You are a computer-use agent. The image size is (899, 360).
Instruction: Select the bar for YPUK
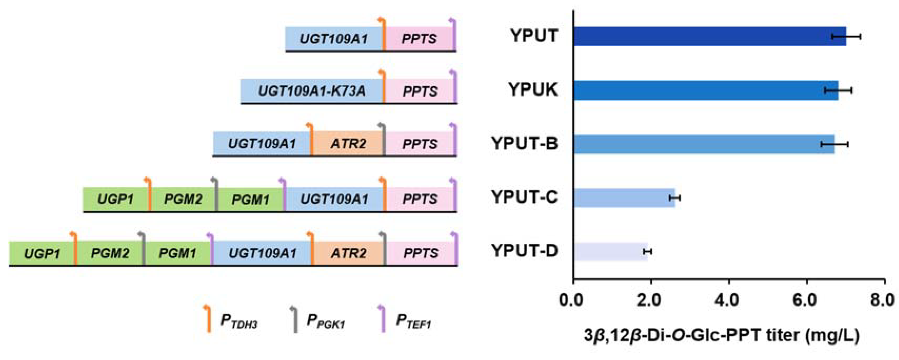[x=706, y=90]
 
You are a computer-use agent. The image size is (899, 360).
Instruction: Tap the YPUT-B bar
[x=704, y=144]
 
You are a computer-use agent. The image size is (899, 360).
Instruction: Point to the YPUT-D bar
[x=611, y=252]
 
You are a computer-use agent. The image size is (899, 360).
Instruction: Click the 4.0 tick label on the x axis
[x=729, y=300]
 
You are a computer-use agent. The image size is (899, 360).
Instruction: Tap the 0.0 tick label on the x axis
[x=573, y=300]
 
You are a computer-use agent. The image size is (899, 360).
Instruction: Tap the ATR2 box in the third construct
[x=348, y=144]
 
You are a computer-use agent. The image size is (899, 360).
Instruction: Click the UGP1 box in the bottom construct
[x=42, y=253]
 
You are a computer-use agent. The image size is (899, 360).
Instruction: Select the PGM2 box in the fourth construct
[x=183, y=199]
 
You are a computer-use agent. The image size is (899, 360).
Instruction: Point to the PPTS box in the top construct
[x=419, y=38]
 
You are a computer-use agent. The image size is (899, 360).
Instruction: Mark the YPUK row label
[x=533, y=90]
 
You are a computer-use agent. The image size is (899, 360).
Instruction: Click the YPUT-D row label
[x=525, y=251]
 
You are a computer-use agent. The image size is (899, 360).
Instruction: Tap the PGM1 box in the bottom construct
[x=177, y=253]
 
